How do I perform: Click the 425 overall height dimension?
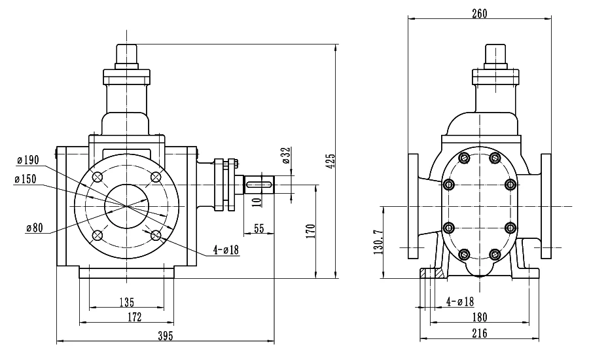pyautogui.click(x=330, y=161)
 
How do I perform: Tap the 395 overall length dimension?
pyautogui.click(x=166, y=336)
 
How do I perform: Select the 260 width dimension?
pyautogui.click(x=479, y=14)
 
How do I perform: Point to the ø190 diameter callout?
pyautogui.click(x=27, y=160)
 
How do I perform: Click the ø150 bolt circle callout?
pyautogui.click(x=26, y=179)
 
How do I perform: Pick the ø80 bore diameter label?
pyautogui.click(x=35, y=228)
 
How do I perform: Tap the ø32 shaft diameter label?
pyautogui.click(x=286, y=156)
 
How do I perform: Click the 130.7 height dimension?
pyautogui.click(x=379, y=242)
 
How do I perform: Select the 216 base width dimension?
pyautogui.click(x=480, y=333)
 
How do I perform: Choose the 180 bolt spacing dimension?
pyautogui.click(x=480, y=317)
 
